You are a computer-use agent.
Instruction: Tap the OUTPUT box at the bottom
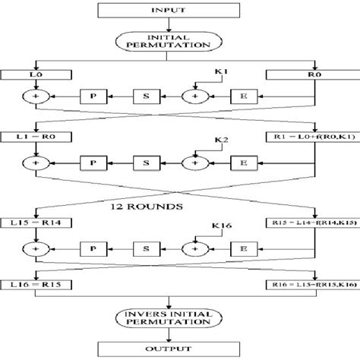pyautogui.click(x=181, y=349)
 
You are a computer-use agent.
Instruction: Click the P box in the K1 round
pyautogui.click(x=91, y=97)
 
